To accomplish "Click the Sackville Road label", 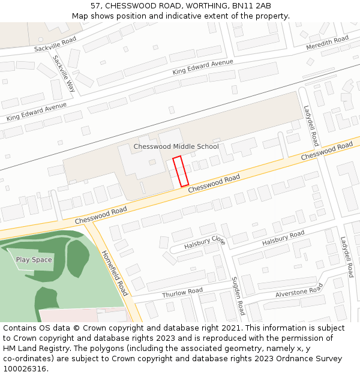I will pos(55,43).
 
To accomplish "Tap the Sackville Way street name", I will pos(64,73).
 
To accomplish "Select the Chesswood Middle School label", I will pos(176,146).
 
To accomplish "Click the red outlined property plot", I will pos(181,171).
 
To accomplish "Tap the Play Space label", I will pos(34,260).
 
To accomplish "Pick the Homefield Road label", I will pos(115,273).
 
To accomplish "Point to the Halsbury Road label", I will pos(283,238).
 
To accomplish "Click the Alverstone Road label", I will pos(299,291).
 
